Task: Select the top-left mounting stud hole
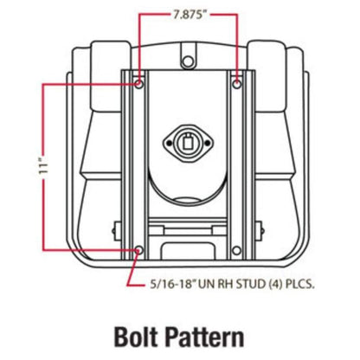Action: [139, 85]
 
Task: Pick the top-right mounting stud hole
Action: [237, 85]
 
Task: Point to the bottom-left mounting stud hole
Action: [139, 250]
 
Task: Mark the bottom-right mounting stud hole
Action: [236, 250]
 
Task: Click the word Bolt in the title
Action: [136, 337]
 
